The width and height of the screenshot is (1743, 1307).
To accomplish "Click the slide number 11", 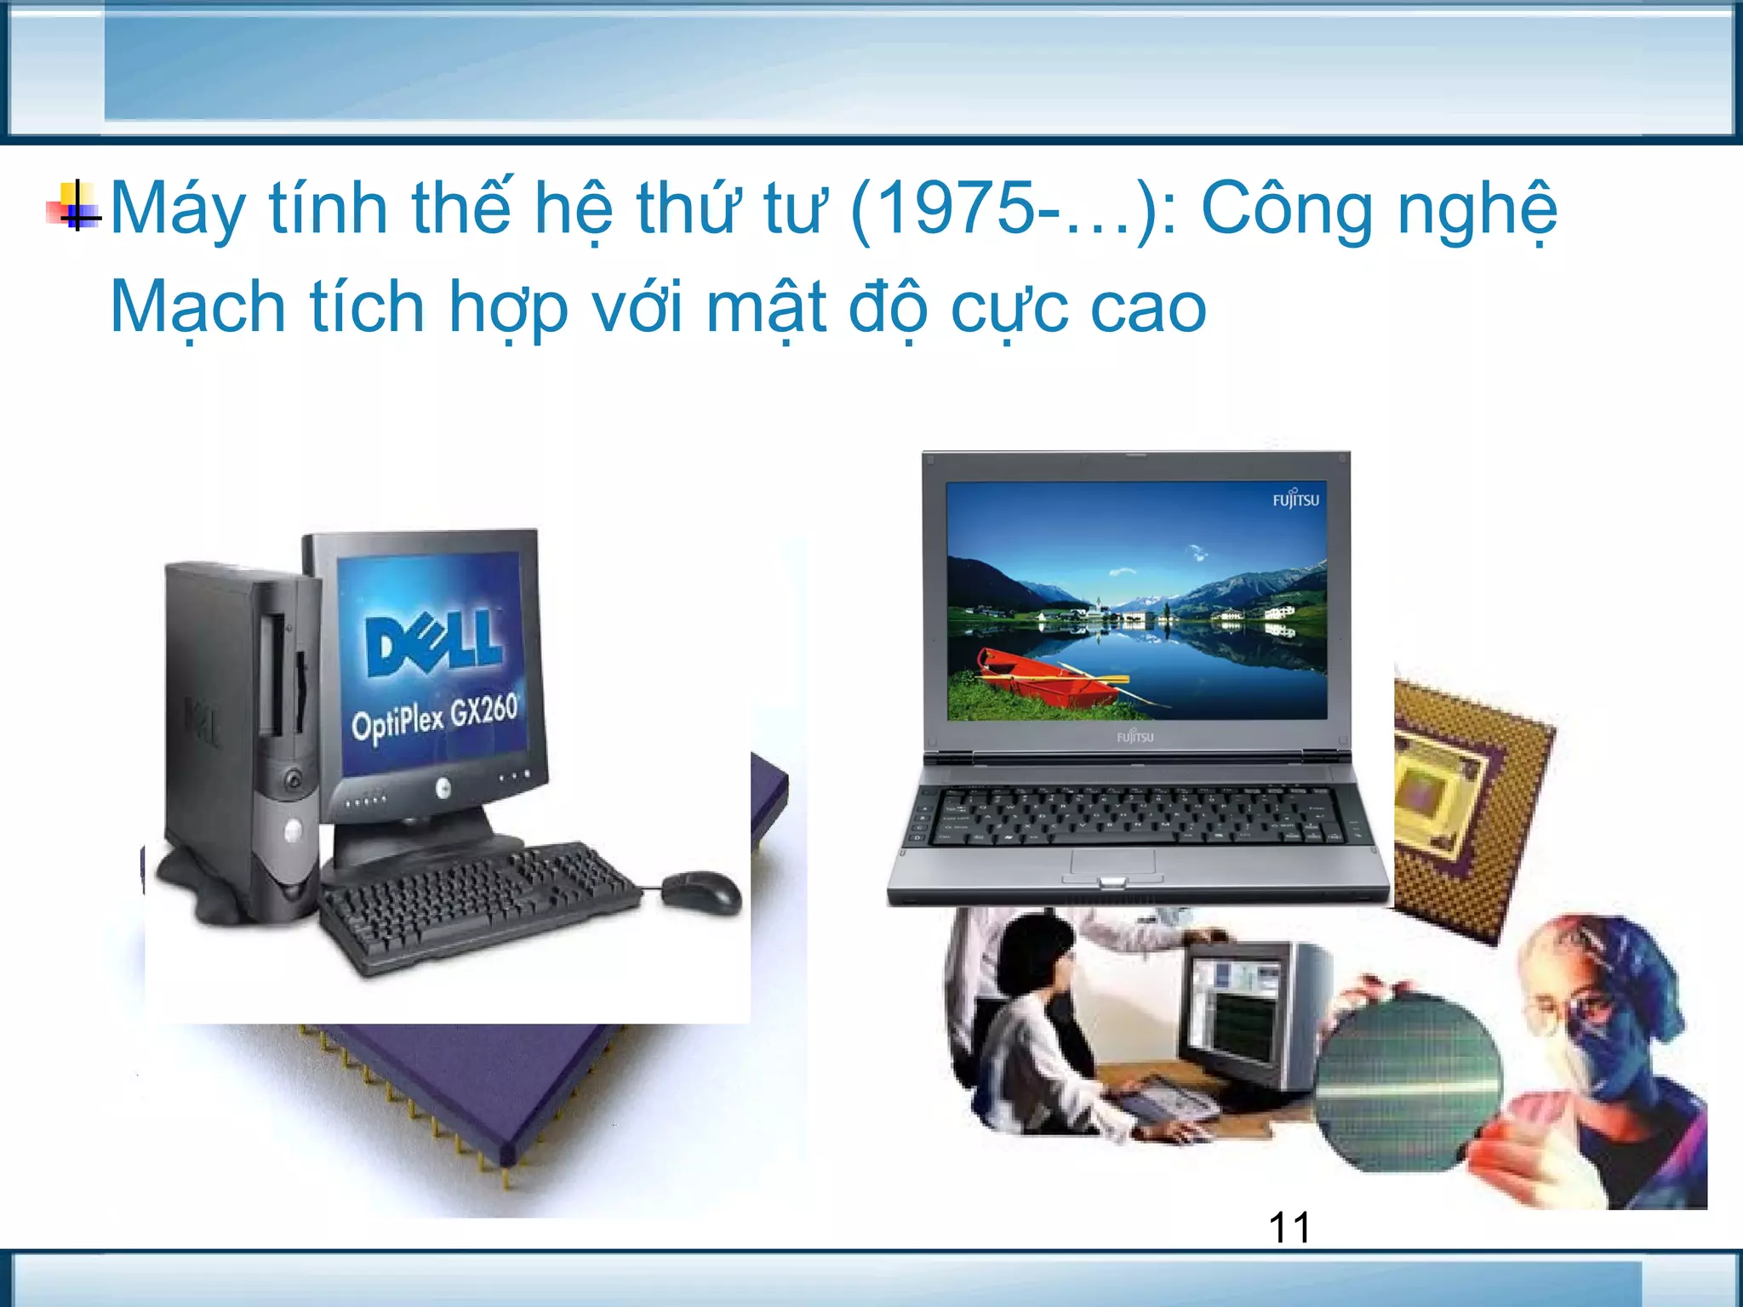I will click(1289, 1227).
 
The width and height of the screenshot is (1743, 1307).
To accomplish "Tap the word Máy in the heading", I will click(177, 210).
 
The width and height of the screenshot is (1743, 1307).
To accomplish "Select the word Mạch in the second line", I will click(197, 308).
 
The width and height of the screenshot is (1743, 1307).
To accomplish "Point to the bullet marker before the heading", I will click(75, 207).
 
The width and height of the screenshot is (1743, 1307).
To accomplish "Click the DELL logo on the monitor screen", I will click(434, 640).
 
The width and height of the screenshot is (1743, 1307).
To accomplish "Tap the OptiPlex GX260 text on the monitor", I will click(435, 717).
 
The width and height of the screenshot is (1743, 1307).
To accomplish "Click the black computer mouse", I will click(701, 891).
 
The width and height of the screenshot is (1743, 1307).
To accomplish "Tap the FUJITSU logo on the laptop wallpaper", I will click(1295, 499).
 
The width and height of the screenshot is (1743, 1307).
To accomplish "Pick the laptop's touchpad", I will click(1112, 863).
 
